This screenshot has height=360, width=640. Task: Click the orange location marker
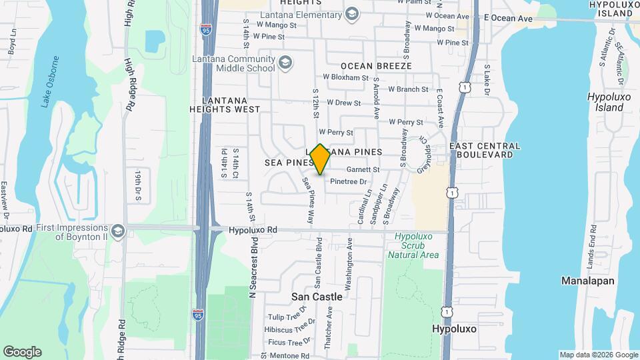pos(321,159)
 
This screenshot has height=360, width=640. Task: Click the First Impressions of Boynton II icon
pos(118,231)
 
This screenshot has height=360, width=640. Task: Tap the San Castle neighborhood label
pos(317,297)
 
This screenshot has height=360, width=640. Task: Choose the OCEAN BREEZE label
pos(376,66)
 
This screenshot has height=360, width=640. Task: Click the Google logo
pos(22,352)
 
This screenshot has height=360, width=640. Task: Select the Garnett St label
pos(362,170)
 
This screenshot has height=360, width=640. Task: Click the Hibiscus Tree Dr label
pos(291,329)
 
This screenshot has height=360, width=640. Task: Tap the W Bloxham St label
pos(346,78)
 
